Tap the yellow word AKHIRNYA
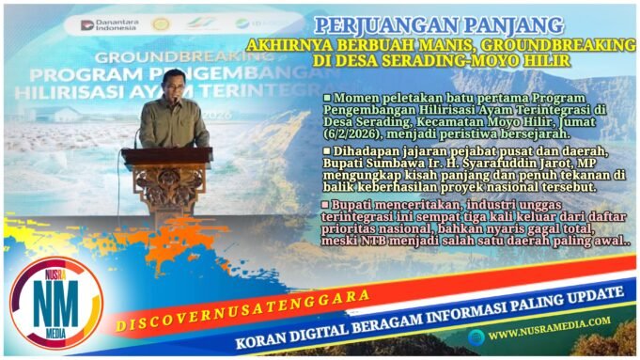[x=283, y=44]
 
